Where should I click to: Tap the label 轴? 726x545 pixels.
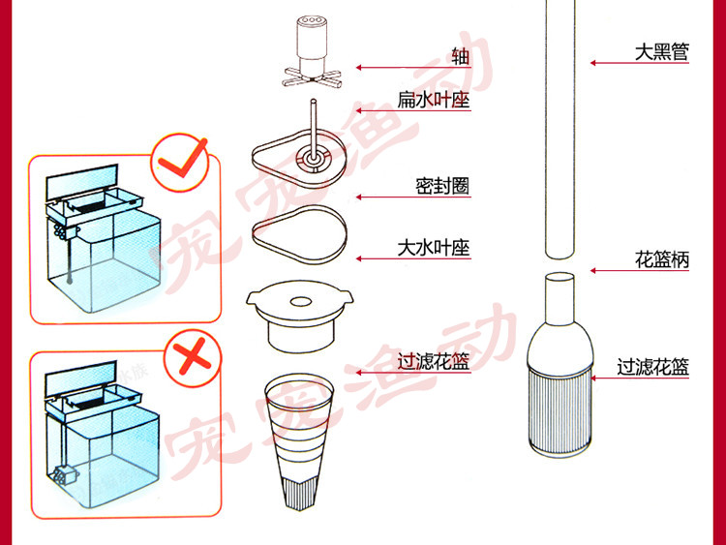click(x=460, y=56)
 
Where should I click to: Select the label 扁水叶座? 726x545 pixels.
click(x=433, y=99)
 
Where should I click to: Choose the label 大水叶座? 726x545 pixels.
click(x=433, y=248)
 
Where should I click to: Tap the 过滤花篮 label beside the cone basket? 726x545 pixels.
click(x=433, y=362)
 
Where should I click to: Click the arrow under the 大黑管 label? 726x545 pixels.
click(x=639, y=63)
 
